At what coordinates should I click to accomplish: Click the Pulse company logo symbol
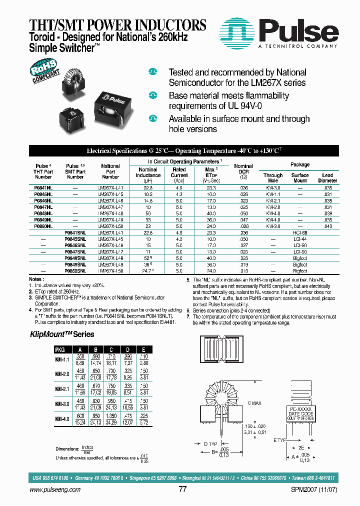238,31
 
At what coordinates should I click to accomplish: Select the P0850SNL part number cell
75,270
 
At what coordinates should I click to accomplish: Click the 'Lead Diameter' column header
327,178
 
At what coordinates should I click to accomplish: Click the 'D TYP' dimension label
210,442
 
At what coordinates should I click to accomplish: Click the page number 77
182,489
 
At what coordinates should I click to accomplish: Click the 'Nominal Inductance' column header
148,172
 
